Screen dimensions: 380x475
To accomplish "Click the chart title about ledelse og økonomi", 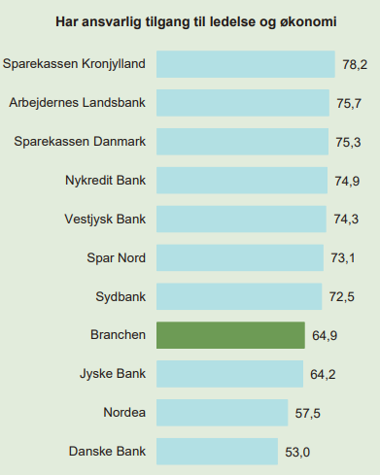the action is coord(196,22).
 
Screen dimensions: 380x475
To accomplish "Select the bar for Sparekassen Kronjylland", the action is coord(246,64).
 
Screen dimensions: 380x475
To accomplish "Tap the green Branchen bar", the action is coord(230,335).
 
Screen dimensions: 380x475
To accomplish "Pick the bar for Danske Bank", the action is coord(217,452).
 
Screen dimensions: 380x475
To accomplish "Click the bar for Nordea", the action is coord(223,413).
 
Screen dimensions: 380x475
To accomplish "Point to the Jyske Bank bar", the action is coord(229,374).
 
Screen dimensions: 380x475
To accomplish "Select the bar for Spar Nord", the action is coord(240,257).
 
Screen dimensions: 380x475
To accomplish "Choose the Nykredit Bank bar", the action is coord(242,181).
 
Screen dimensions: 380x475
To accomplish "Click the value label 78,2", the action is coord(355,65).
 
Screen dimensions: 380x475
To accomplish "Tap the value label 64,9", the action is coord(325,335).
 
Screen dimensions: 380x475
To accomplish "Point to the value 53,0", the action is coord(297,452).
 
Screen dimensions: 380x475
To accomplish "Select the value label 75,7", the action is coord(349,103).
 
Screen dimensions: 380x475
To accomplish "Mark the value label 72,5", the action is coord(342,297).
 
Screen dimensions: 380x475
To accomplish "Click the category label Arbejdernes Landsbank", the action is coord(78,103).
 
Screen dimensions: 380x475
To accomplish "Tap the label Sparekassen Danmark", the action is coord(80,142).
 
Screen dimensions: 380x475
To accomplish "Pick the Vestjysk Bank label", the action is coord(105,220).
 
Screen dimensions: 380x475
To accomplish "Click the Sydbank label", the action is coord(121,297).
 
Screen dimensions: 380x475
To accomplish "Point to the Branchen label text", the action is coord(118,335).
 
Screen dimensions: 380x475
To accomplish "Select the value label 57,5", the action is coord(308,414).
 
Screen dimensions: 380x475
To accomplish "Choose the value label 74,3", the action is coord(346,220).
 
